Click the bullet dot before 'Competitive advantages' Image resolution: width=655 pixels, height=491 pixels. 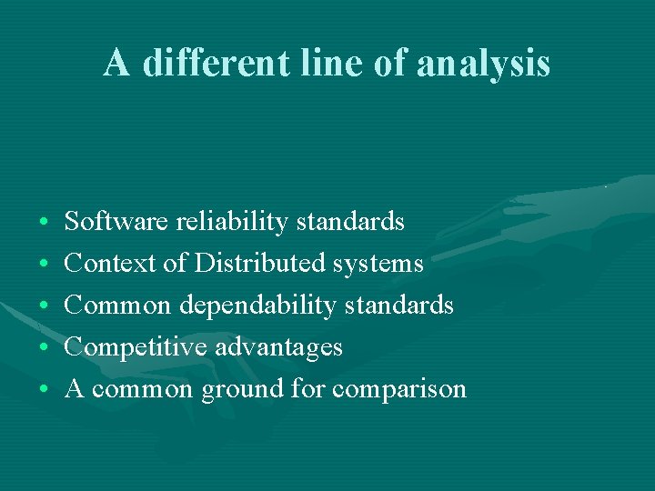45,348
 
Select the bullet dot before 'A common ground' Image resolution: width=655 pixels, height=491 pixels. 45,390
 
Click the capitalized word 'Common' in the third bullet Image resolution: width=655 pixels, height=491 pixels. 117,305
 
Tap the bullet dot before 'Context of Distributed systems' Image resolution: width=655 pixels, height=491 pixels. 45,265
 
